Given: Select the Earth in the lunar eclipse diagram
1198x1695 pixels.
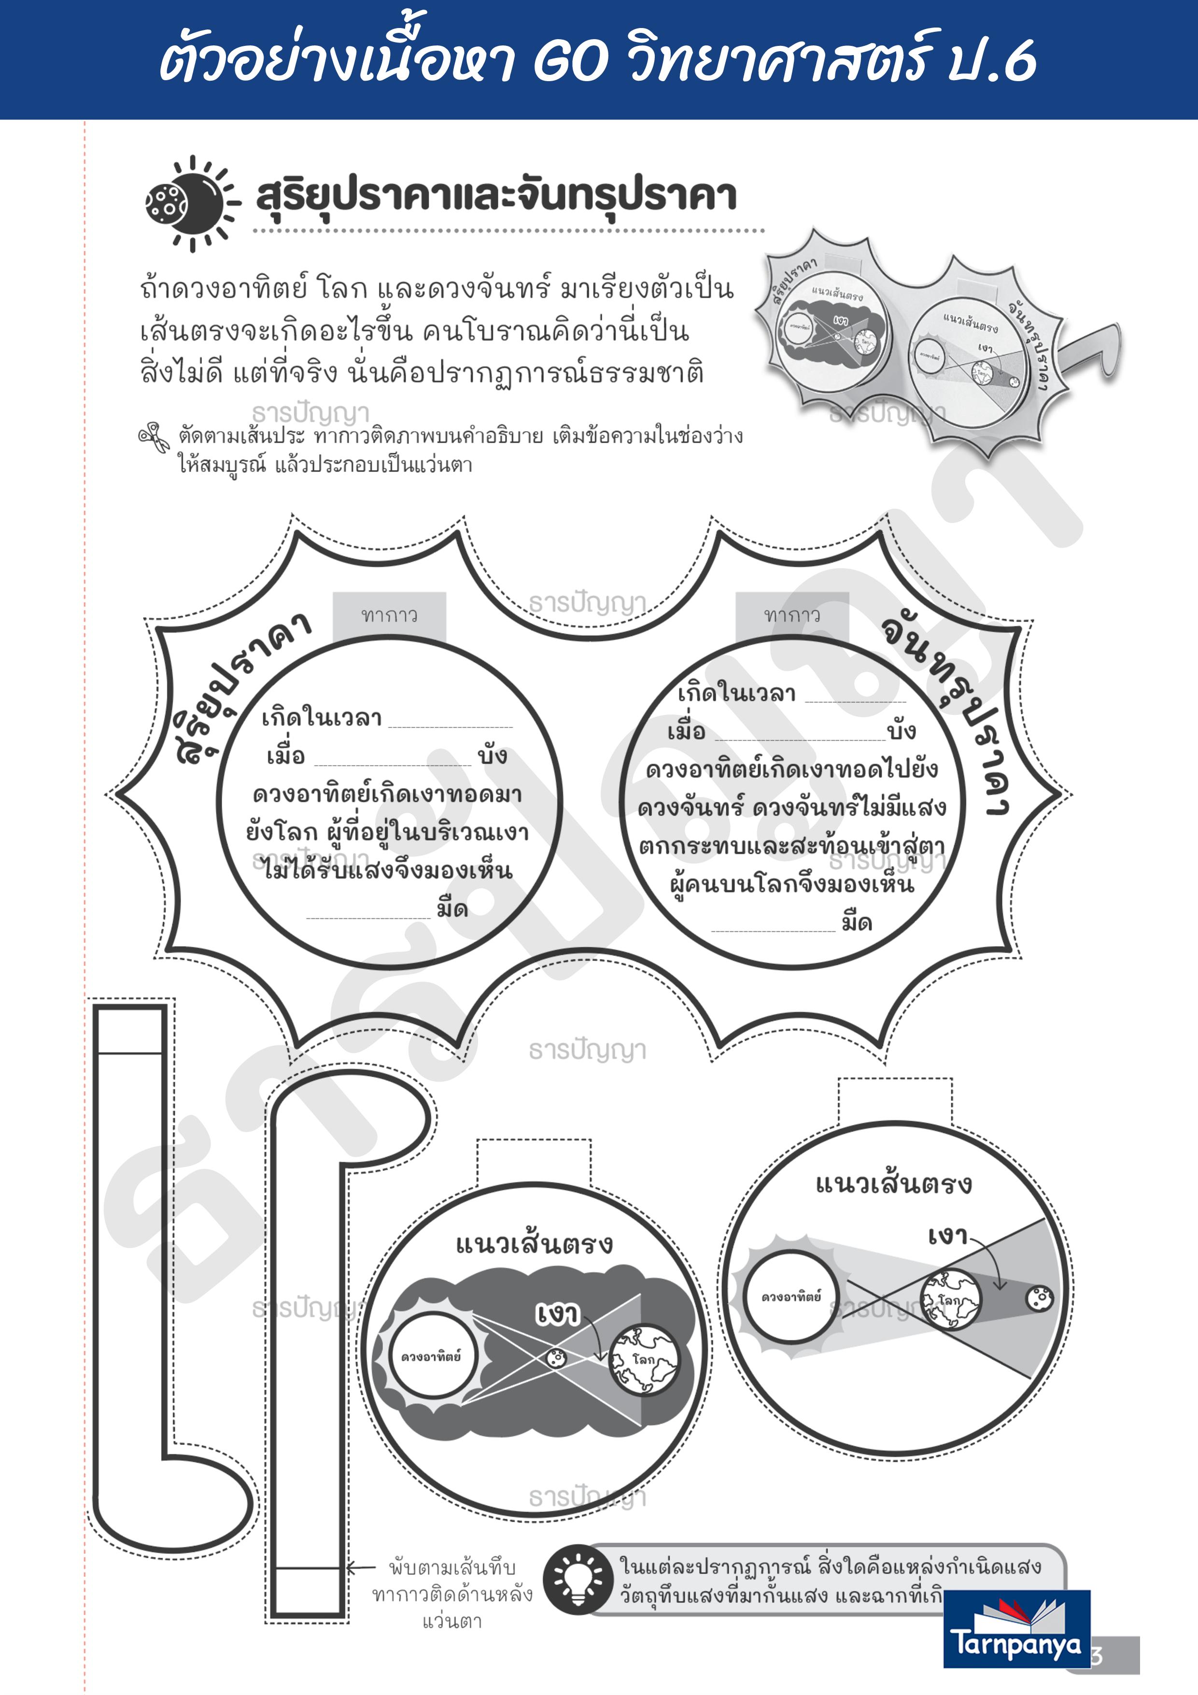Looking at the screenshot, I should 950,1299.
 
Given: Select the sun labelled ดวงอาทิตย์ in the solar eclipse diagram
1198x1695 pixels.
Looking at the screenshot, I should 431,1357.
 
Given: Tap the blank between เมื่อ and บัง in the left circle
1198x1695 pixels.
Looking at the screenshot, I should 392,759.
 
